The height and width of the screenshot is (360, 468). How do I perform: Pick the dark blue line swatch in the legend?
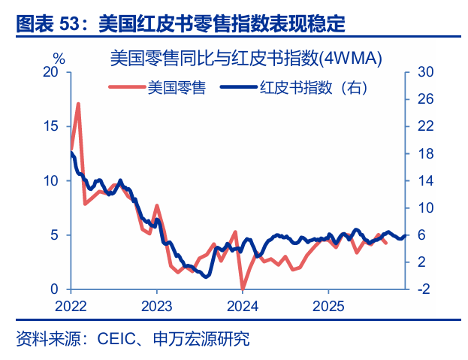tap(238, 88)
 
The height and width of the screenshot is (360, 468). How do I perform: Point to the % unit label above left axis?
tap(59, 58)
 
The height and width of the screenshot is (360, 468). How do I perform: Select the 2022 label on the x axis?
tap(71, 306)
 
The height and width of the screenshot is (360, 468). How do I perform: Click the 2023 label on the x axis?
tap(156, 306)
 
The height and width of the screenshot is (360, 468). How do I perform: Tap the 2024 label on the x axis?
tap(243, 306)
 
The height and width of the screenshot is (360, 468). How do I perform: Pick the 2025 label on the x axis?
tap(328, 306)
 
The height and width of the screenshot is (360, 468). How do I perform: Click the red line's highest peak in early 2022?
tap(78, 104)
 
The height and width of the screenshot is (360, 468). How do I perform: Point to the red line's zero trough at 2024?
tap(242, 289)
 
